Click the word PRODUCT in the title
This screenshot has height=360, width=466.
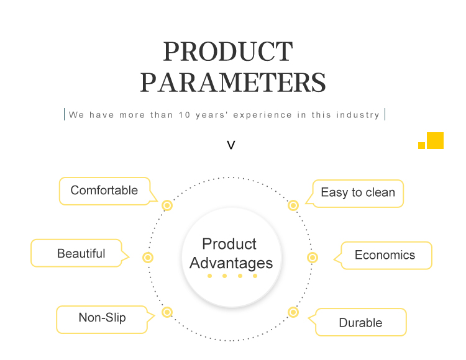pyautogui.click(x=228, y=52)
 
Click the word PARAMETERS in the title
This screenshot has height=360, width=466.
pyautogui.click(x=233, y=83)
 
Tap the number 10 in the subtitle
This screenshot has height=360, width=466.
pyautogui.click(x=185, y=115)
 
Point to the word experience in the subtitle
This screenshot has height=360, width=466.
pyautogui.click(x=262, y=115)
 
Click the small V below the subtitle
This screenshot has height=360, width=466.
pyautogui.click(x=231, y=145)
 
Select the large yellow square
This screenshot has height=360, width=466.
pyautogui.click(x=435, y=140)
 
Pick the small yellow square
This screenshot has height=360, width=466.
pyautogui.click(x=421, y=145)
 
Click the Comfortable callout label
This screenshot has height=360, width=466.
pyautogui.click(x=104, y=190)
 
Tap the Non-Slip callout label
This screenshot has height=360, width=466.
pyautogui.click(x=103, y=318)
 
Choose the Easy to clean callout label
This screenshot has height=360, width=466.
pyautogui.click(x=358, y=192)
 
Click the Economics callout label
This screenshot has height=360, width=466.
pyautogui.click(x=385, y=255)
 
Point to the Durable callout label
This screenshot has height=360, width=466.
pyautogui.click(x=360, y=323)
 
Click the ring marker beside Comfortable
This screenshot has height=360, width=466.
pyautogui.click(x=167, y=205)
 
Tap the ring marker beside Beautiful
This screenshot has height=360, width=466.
pyautogui.click(x=148, y=258)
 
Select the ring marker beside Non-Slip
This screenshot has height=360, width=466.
pyautogui.click(x=167, y=312)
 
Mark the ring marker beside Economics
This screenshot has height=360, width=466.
pyautogui.click(x=313, y=258)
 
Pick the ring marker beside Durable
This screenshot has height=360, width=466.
pyautogui.click(x=293, y=312)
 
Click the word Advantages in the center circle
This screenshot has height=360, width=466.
pyautogui.click(x=231, y=263)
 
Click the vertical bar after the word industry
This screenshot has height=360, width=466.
pyautogui.click(x=385, y=114)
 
